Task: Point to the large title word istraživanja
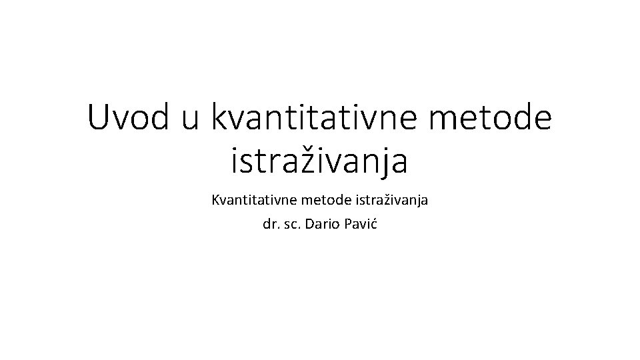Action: [x=319, y=163]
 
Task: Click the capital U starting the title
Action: [x=99, y=119]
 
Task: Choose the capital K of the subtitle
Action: [x=215, y=199]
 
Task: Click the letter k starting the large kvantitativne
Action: [x=220, y=119]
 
